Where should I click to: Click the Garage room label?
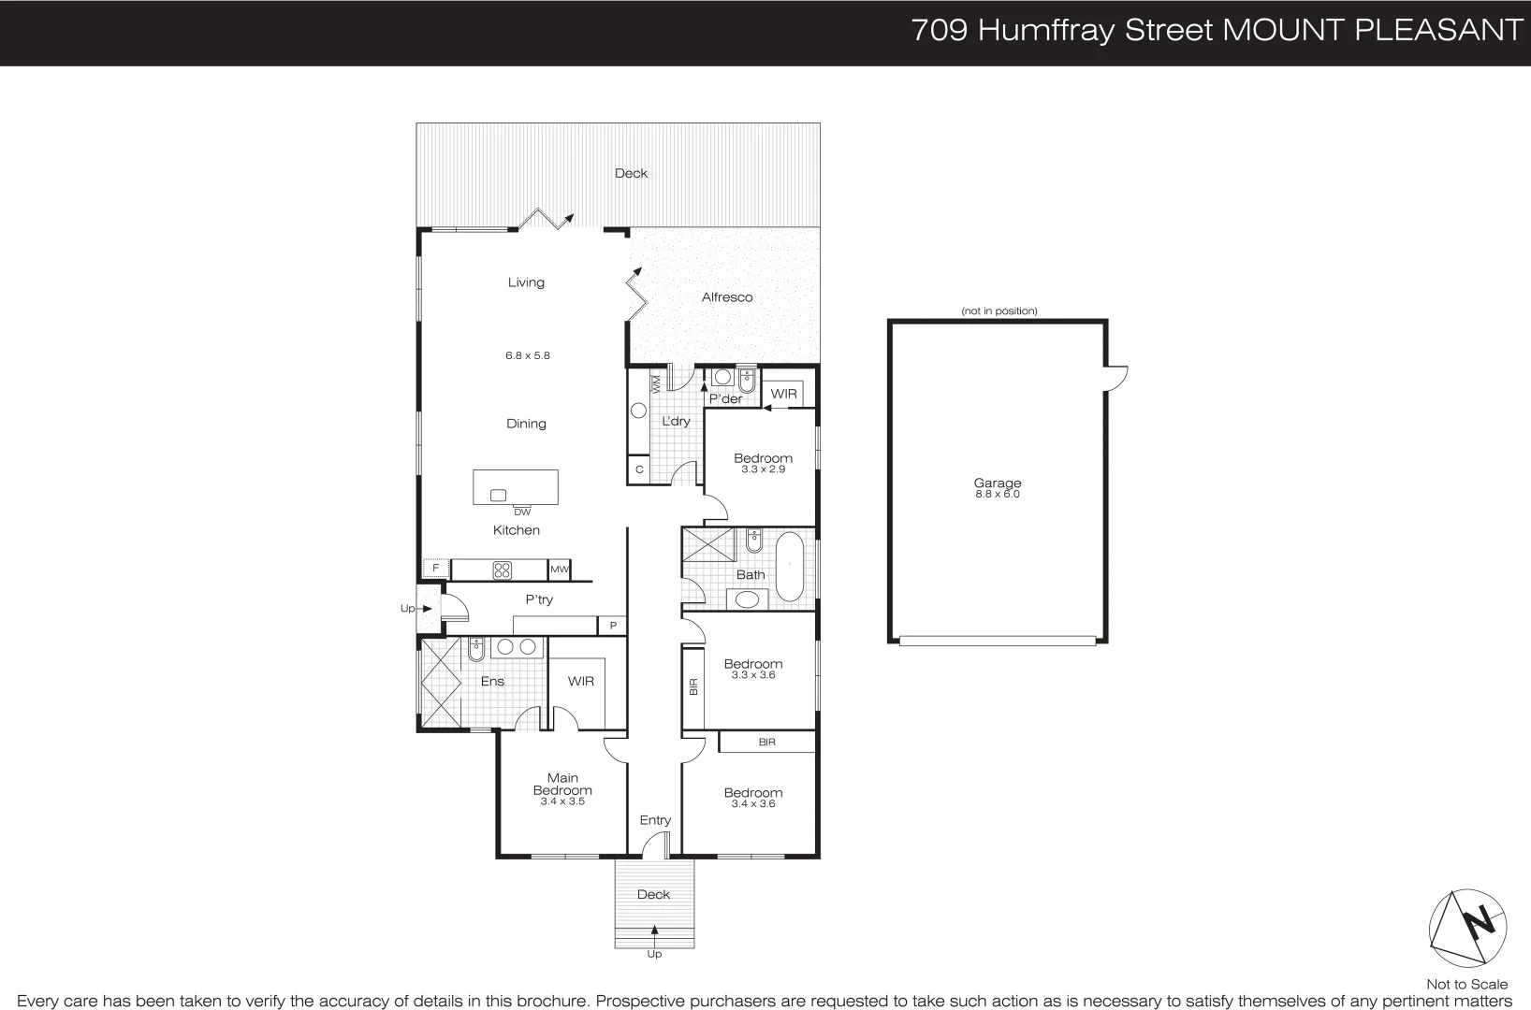click(x=997, y=483)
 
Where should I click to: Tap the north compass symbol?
click(x=1467, y=928)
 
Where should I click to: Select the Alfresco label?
click(x=727, y=297)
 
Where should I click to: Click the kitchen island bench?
click(x=516, y=487)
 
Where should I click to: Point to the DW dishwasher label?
click(x=522, y=512)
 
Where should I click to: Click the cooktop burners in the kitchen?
click(x=503, y=570)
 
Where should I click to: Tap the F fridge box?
click(x=435, y=568)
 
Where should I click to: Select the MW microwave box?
click(x=560, y=569)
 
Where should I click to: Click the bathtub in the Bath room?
click(x=789, y=567)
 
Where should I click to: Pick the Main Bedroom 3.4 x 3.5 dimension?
click(x=562, y=801)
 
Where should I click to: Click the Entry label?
click(x=655, y=820)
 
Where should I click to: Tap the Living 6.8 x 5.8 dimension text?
click(x=528, y=355)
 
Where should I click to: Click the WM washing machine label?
click(x=656, y=383)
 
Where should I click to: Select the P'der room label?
click(x=725, y=399)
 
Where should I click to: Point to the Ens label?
click(x=492, y=681)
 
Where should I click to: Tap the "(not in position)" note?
click(x=999, y=310)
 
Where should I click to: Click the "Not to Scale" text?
click(x=1466, y=984)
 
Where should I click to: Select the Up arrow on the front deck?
click(x=654, y=931)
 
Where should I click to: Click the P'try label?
click(x=539, y=599)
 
